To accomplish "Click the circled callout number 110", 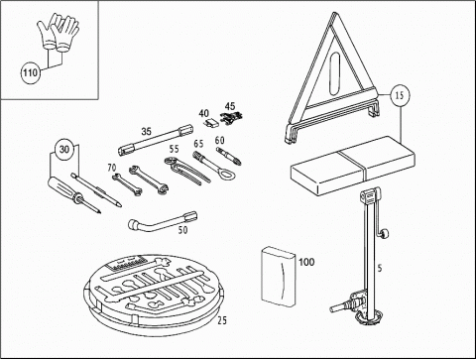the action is click(31, 72).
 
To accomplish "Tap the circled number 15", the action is click(400, 95).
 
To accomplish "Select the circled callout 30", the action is click(64, 150).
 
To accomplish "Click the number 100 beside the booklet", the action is click(306, 262).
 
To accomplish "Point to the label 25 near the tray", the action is click(222, 320).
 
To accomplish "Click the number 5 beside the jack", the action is click(380, 268).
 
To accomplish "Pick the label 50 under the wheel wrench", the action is click(182, 230).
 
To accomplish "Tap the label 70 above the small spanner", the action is click(112, 168).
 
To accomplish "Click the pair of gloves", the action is click(59, 33).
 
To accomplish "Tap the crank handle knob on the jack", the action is click(385, 234).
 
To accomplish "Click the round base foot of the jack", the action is click(369, 318).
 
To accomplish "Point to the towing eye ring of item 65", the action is click(227, 173).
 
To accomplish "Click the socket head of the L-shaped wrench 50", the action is click(134, 224).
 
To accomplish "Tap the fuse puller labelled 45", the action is click(231, 118).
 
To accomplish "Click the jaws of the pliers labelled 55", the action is click(172, 163).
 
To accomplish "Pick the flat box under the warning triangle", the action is click(353, 166).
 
